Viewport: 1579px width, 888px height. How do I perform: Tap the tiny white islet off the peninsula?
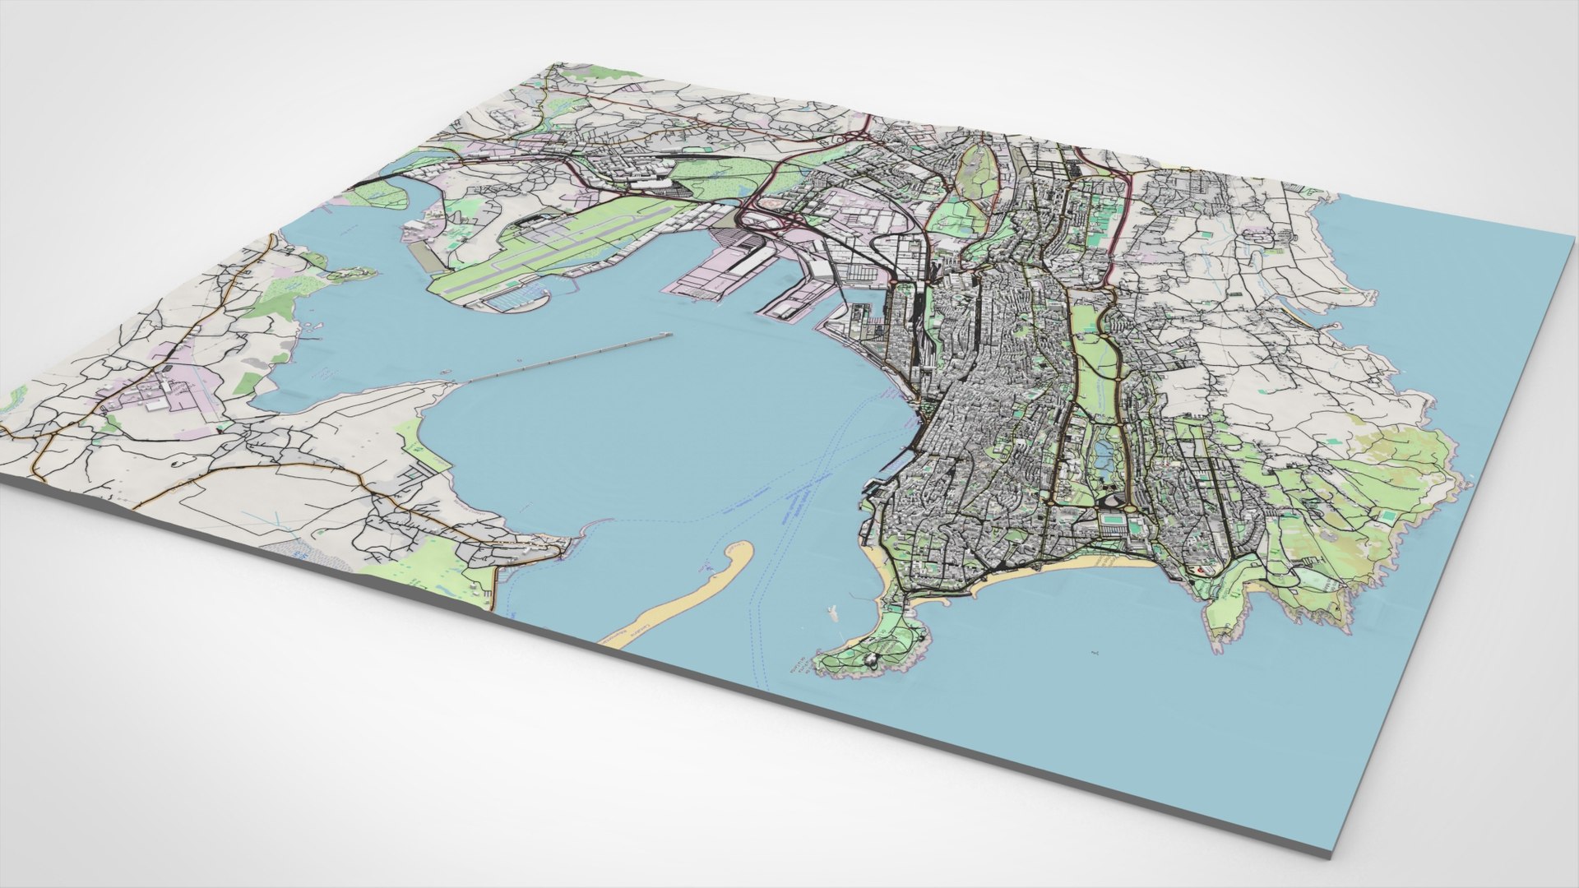tap(832, 613)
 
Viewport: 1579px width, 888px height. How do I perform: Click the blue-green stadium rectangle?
tap(1112, 520)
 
